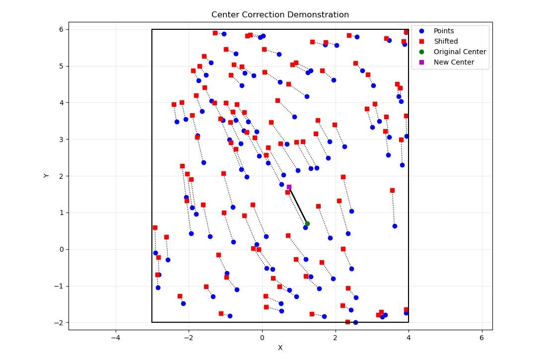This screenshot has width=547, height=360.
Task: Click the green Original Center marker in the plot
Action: (307, 223)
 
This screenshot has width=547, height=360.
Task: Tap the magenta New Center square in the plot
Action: (289, 187)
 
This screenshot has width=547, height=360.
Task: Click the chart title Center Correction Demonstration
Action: (280, 15)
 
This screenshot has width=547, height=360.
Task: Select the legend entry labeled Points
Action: (443, 31)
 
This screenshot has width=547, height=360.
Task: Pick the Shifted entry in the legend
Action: (445, 41)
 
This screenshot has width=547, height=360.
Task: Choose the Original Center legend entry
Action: (460, 52)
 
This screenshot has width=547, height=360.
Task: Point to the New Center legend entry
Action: (454, 62)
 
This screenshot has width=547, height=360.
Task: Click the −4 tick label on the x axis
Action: (115, 338)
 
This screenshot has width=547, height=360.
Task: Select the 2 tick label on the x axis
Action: (335, 338)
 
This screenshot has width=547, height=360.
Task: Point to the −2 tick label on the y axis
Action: (59, 323)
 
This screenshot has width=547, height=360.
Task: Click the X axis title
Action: (280, 348)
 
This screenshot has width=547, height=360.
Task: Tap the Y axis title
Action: (46, 175)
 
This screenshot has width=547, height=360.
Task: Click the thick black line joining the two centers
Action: (298, 205)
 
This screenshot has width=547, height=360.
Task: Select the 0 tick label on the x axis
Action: (262, 338)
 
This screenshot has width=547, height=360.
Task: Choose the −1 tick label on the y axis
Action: (59, 286)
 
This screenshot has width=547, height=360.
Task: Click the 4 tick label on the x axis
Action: (409, 338)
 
